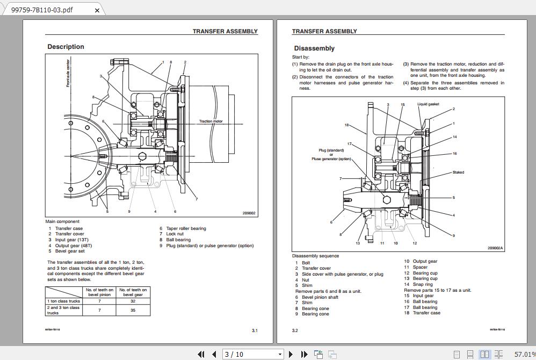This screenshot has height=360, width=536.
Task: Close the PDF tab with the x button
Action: (97, 10)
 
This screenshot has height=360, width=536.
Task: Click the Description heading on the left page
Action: (66, 47)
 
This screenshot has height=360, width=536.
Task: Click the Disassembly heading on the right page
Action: (314, 48)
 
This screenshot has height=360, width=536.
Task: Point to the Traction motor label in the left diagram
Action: (211, 121)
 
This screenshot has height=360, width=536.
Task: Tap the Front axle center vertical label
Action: (68, 73)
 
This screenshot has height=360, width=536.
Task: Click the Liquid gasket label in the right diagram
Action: (428, 104)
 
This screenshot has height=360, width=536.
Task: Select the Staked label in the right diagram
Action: (458, 172)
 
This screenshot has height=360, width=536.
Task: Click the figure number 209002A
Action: (495, 248)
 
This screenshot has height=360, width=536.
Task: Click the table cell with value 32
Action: (133, 301)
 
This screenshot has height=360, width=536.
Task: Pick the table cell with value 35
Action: (133, 310)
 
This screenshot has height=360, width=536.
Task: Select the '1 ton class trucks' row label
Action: (63, 301)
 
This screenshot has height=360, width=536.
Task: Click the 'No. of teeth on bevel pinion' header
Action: (99, 292)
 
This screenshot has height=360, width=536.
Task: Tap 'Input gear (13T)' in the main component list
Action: (73, 240)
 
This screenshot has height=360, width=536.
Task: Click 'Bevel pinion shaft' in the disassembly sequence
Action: (320, 297)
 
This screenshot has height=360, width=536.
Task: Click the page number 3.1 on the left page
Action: (255, 330)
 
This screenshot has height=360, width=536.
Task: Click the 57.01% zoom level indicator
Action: (524, 354)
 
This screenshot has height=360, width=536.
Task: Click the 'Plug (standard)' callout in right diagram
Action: (331, 150)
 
